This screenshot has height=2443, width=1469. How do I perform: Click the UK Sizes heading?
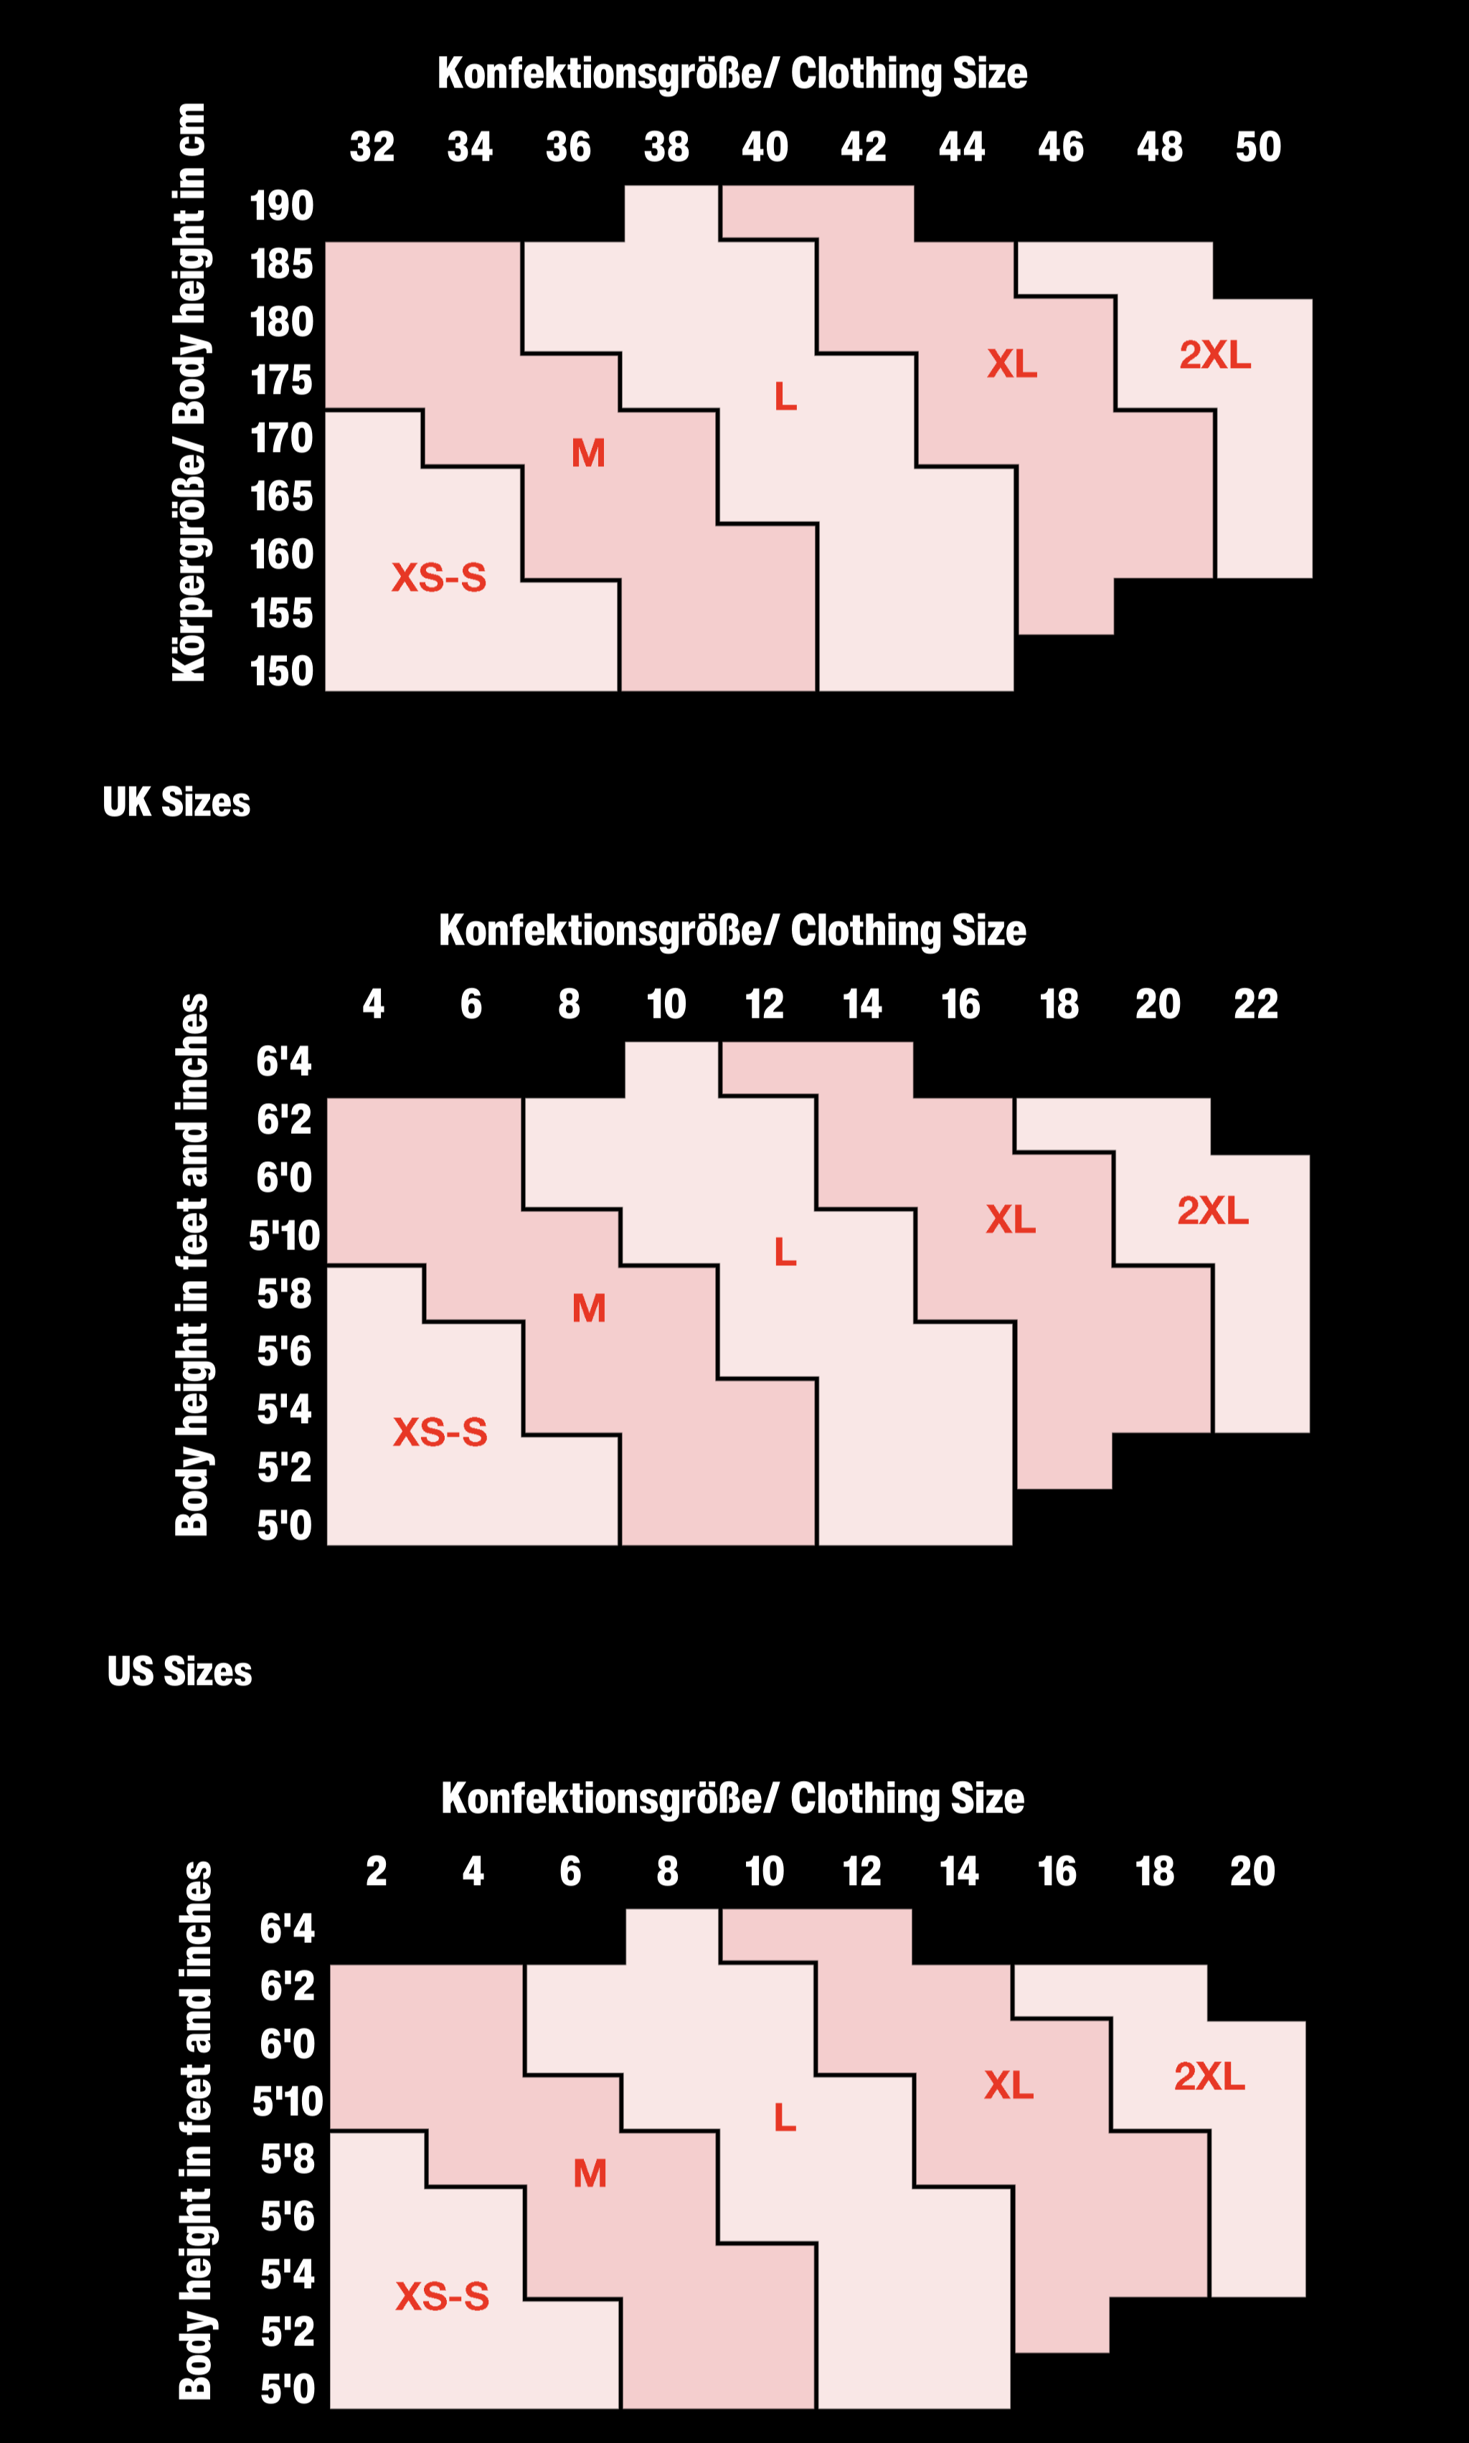click(176, 802)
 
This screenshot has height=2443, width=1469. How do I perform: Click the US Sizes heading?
click(179, 1671)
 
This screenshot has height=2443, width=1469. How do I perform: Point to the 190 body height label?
click(281, 206)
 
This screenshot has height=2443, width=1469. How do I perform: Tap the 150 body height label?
click(281, 671)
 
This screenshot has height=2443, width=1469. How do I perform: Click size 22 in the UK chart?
click(1255, 1003)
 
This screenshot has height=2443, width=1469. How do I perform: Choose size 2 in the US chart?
click(376, 1871)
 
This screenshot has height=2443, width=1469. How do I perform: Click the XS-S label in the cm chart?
click(438, 577)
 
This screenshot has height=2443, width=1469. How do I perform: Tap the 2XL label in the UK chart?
click(1213, 1209)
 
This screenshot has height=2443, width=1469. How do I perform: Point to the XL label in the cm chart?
click(1011, 364)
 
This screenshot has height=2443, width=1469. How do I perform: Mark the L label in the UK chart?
click(785, 1252)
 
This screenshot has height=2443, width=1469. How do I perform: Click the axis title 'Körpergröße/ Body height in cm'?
click(189, 392)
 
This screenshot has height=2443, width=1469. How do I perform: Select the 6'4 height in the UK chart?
click(284, 1061)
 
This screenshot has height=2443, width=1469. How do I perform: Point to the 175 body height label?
click(281, 380)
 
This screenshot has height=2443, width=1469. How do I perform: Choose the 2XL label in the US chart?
click(1209, 2076)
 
